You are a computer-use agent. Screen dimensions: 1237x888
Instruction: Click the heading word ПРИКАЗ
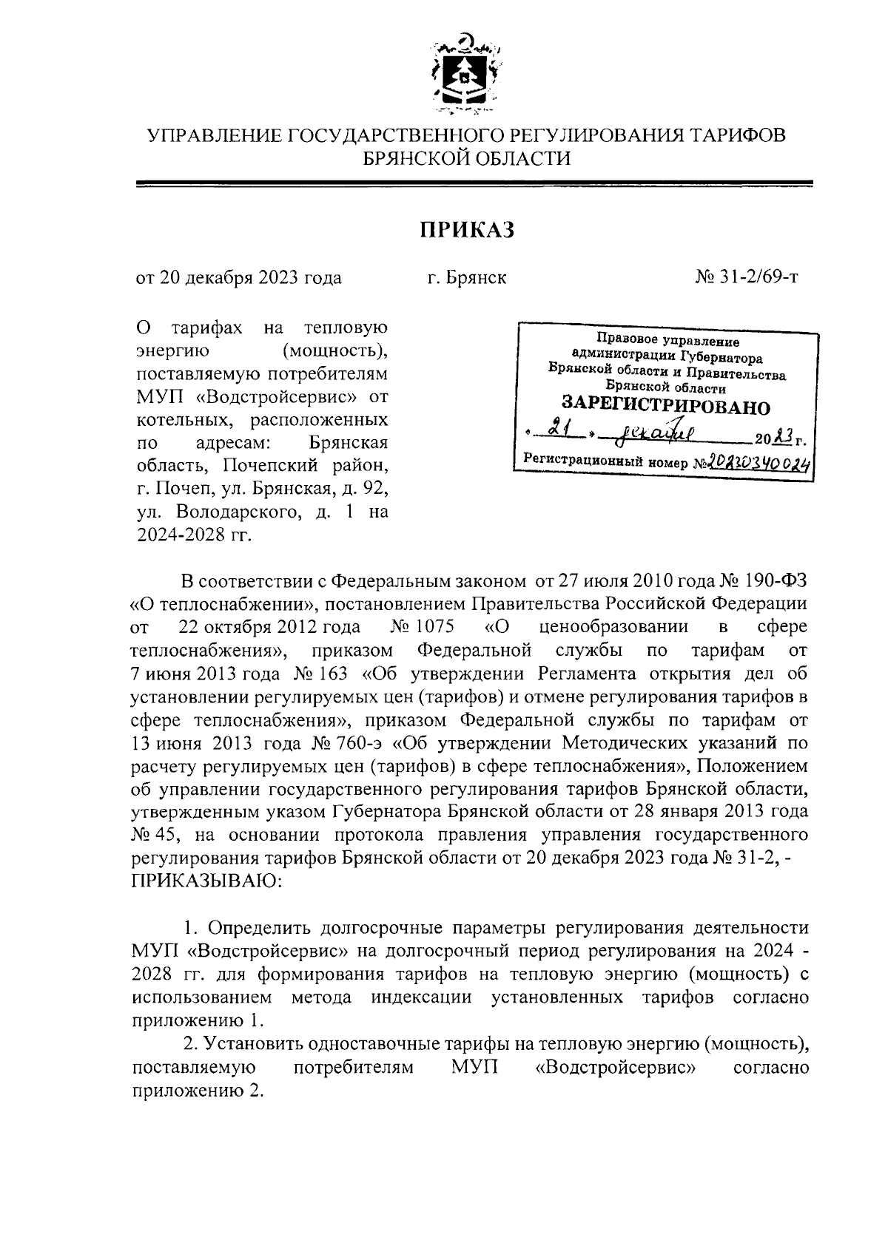pos(466,230)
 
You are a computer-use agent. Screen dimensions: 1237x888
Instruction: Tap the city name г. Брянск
pos(466,278)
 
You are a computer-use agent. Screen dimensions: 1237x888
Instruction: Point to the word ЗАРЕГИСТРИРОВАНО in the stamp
pos(665,406)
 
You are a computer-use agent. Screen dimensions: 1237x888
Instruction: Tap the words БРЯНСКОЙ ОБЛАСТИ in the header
pos(466,158)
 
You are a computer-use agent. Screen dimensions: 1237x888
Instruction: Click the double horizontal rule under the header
pos(474,183)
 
